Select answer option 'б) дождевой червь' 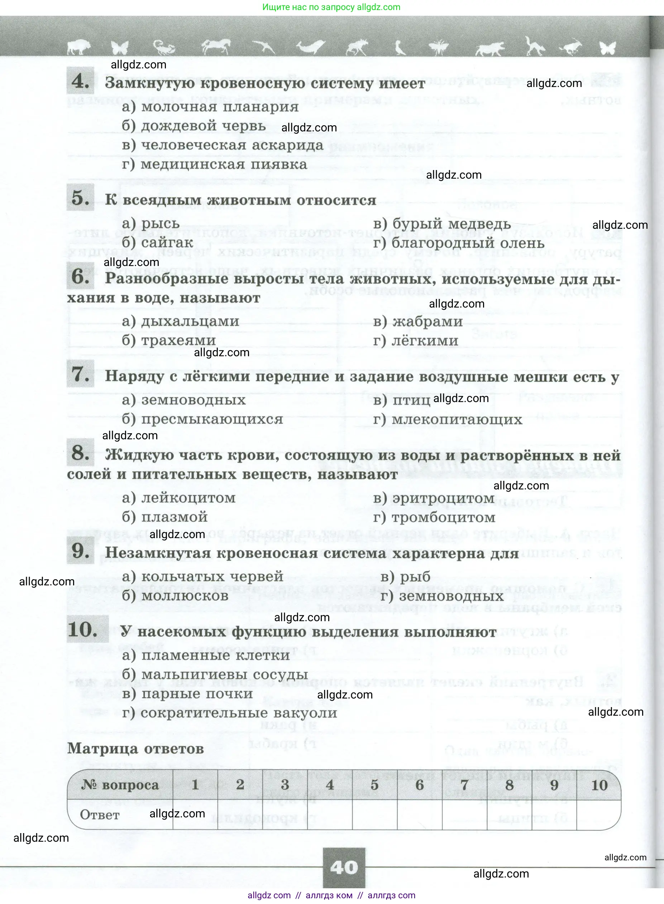194,126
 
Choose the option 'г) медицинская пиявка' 214,165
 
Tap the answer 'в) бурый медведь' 442,224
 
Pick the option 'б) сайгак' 158,243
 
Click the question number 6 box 80,276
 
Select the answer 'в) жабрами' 418,322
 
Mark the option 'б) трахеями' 169,341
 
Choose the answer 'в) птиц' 402,400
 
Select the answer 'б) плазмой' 165,517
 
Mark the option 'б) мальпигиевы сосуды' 215,675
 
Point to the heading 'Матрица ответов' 135,749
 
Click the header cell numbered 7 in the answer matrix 464,784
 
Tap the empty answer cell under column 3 285,814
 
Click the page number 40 344,867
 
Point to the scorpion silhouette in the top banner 163,47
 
